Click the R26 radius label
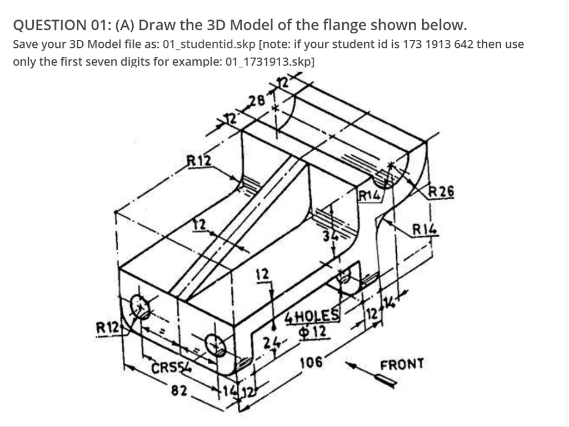[x=442, y=192]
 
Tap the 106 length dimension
[x=311, y=363]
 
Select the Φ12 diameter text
[x=315, y=332]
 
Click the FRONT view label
[x=402, y=364]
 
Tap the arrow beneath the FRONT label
[x=387, y=380]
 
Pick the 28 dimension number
[x=257, y=101]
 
